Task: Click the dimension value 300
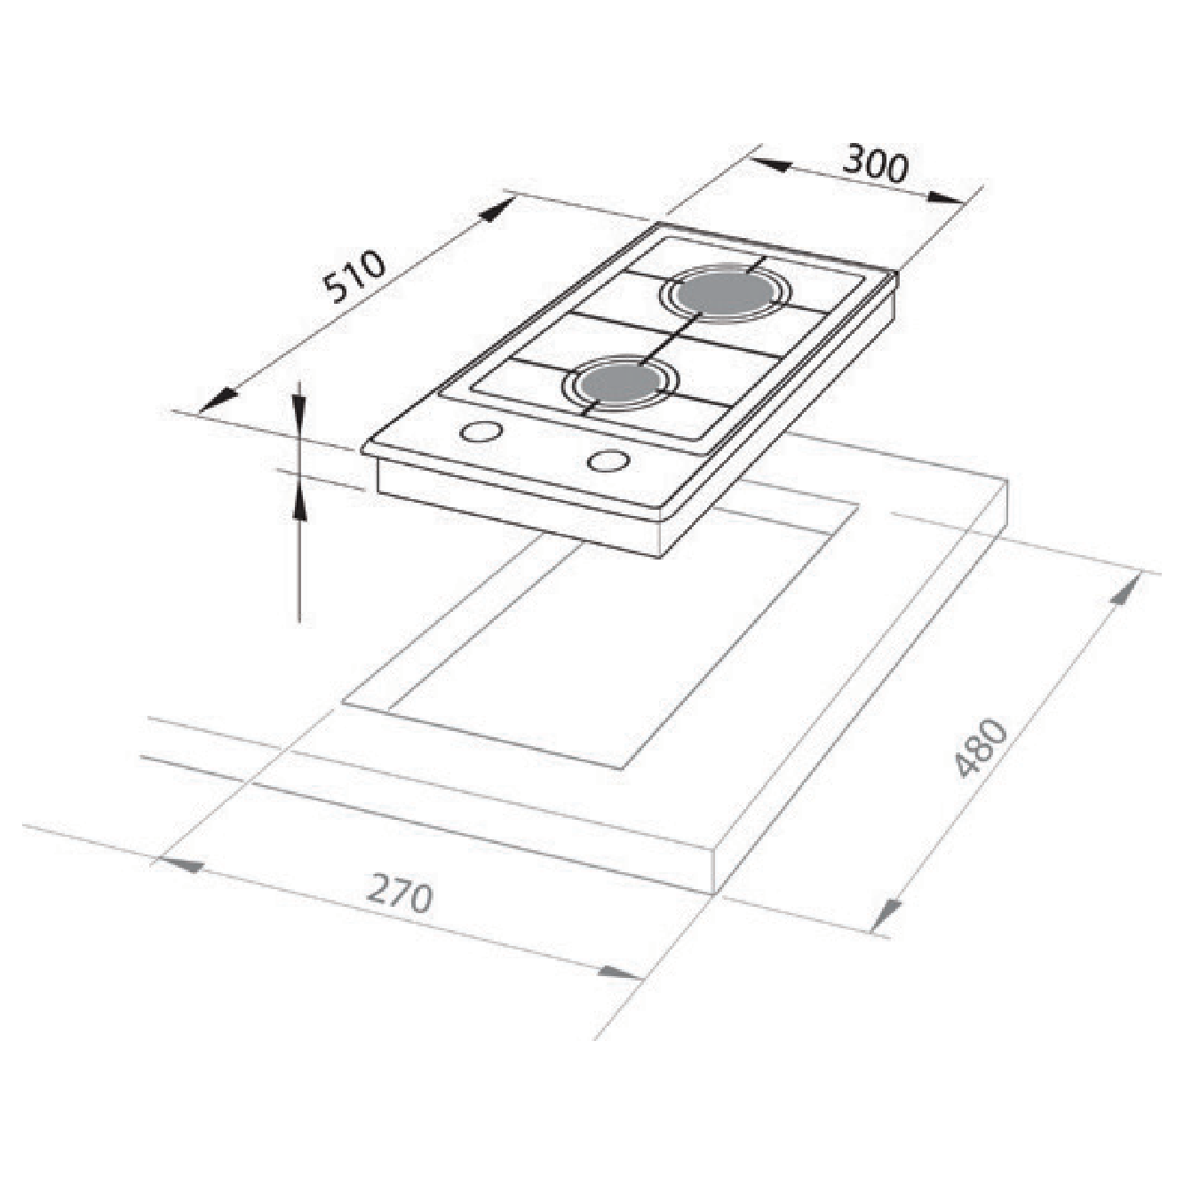(x=875, y=163)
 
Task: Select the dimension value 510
(x=354, y=278)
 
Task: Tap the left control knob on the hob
(x=481, y=432)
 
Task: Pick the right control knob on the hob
(x=609, y=460)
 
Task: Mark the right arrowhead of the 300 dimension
(x=946, y=198)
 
